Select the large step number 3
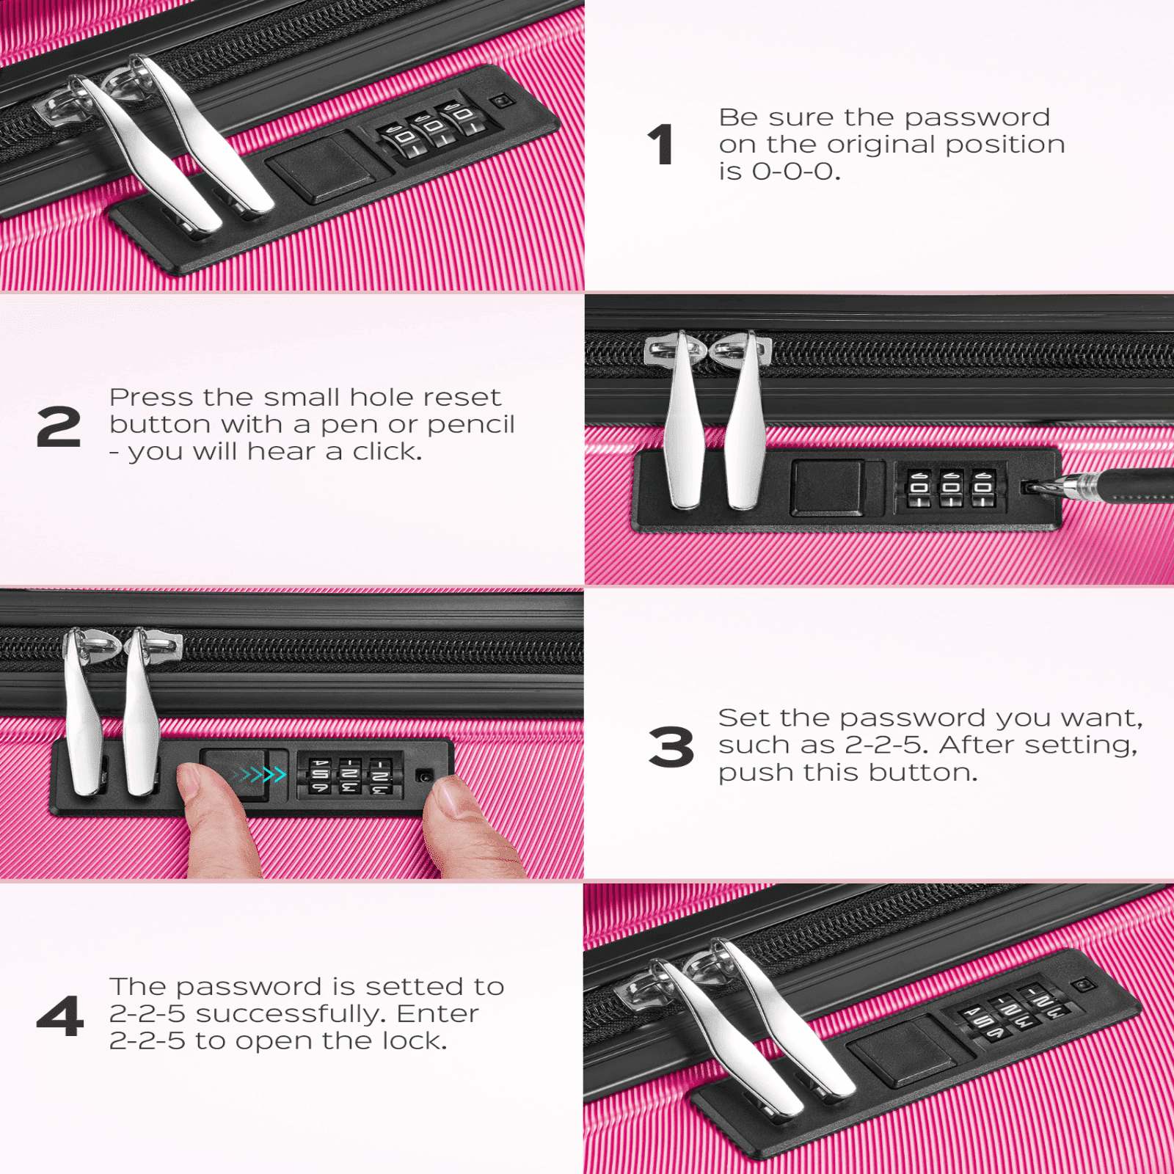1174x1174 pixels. click(671, 747)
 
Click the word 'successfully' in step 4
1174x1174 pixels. click(289, 1015)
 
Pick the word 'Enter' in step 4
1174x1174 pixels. click(437, 1013)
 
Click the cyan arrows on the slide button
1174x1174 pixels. click(258, 774)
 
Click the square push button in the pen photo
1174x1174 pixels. click(826, 487)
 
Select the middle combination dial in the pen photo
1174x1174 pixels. click(951, 489)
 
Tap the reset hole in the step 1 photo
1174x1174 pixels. click(501, 101)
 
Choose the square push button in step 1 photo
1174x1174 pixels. click(321, 168)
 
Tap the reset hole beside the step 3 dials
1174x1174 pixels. click(425, 775)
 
